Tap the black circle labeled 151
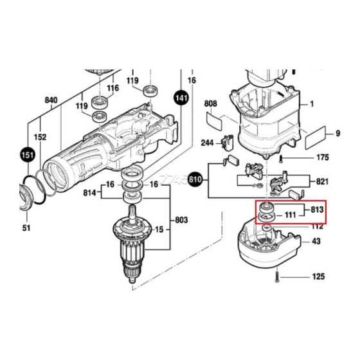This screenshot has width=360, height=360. (26, 155)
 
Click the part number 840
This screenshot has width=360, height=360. (50, 100)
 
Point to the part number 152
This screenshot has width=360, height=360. (40, 137)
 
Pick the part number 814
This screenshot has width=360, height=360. (90, 192)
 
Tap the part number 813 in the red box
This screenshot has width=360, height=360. (316, 210)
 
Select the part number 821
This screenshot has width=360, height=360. (323, 182)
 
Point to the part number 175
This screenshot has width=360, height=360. (322, 157)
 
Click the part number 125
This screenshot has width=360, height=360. (319, 277)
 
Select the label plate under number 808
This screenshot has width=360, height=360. (213, 120)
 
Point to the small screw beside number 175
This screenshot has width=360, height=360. (282, 157)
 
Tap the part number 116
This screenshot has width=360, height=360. (113, 87)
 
